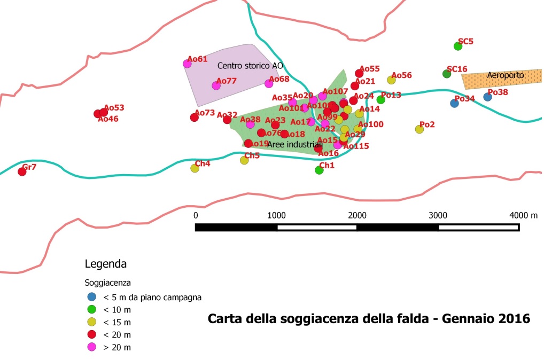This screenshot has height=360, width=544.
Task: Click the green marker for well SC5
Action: tap(458, 46)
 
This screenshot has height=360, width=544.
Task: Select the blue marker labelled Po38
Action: tap(487, 97)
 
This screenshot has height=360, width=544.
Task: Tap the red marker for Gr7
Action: tap(22, 171)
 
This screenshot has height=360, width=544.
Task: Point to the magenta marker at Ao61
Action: tap(187, 64)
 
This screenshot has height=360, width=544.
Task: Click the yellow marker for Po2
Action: tap(419, 129)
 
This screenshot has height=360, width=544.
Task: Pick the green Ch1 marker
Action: tap(319, 170)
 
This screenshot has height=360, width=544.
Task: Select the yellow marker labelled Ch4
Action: tap(195, 168)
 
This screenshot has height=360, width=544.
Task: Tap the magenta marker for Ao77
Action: tap(216, 85)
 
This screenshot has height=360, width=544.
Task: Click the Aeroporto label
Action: tap(506, 75)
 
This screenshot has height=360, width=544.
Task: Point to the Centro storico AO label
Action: tap(250, 66)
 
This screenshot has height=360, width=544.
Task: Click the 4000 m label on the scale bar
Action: tap(523, 215)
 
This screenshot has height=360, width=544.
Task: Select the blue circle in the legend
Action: tap(91, 297)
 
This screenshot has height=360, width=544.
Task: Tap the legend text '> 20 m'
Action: tap(117, 348)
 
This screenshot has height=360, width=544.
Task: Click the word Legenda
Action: tap(106, 264)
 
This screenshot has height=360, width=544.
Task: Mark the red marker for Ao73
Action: tap(195, 118)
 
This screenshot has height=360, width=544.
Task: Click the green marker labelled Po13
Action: tap(381, 100)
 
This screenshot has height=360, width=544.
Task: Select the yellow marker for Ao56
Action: tap(391, 80)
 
